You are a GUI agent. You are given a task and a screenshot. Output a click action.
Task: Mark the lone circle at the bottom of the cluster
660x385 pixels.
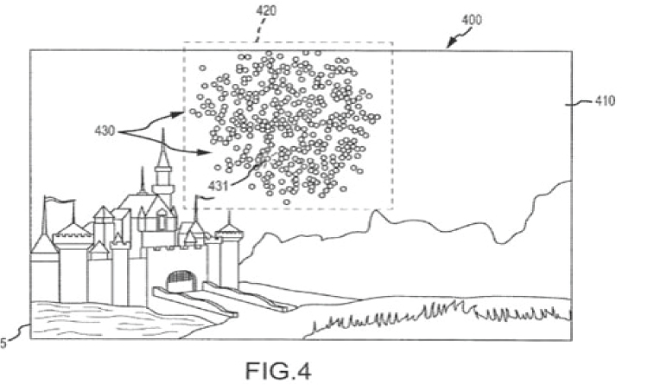coord(286,202)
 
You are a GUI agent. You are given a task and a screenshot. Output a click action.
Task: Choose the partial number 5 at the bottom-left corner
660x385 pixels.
coord(3,343)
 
